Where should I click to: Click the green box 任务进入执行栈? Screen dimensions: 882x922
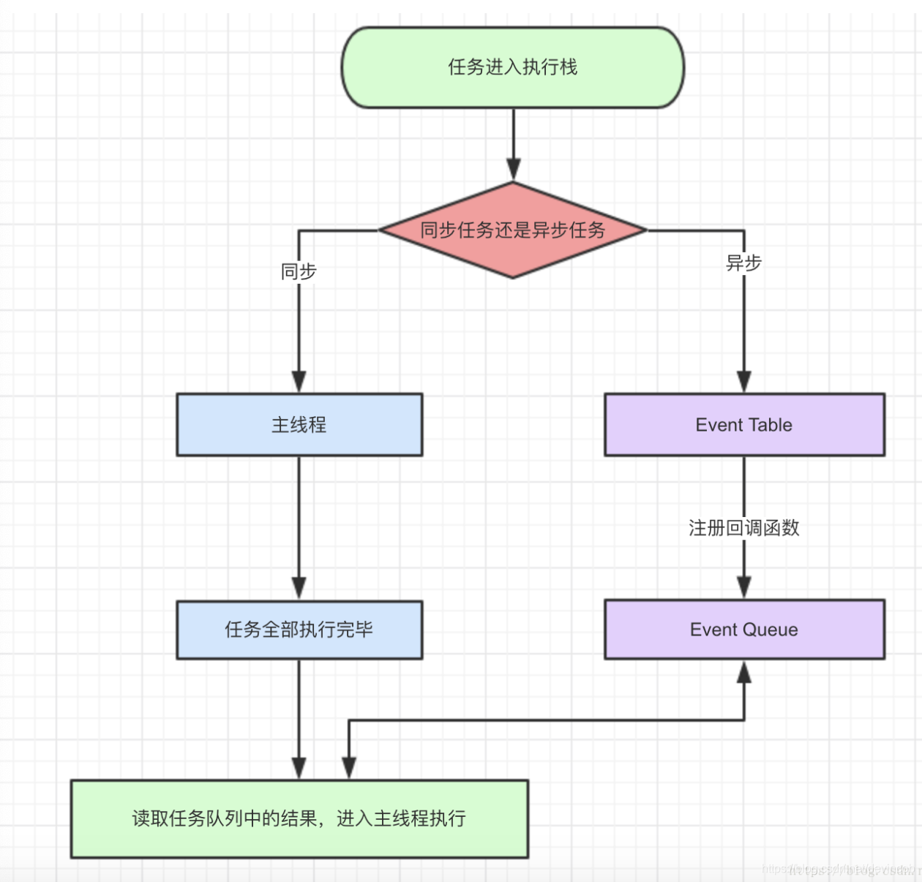(512, 67)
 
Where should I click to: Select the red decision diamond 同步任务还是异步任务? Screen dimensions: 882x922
(512, 230)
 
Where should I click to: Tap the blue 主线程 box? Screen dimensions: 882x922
(299, 425)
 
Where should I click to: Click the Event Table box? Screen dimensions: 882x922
(744, 425)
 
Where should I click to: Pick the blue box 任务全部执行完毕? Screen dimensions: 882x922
(299, 630)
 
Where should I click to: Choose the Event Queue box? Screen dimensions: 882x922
(744, 630)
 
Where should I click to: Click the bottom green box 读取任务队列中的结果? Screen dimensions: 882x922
(299, 818)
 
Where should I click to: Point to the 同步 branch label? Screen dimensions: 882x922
(299, 271)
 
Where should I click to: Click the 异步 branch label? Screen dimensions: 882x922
(743, 263)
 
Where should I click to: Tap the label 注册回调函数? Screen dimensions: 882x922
(743, 527)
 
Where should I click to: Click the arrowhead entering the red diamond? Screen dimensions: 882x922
(514, 170)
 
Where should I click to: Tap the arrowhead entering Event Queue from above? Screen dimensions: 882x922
(744, 588)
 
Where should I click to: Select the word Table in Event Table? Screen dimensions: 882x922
(771, 425)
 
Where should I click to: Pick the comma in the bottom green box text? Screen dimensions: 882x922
(324, 823)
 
